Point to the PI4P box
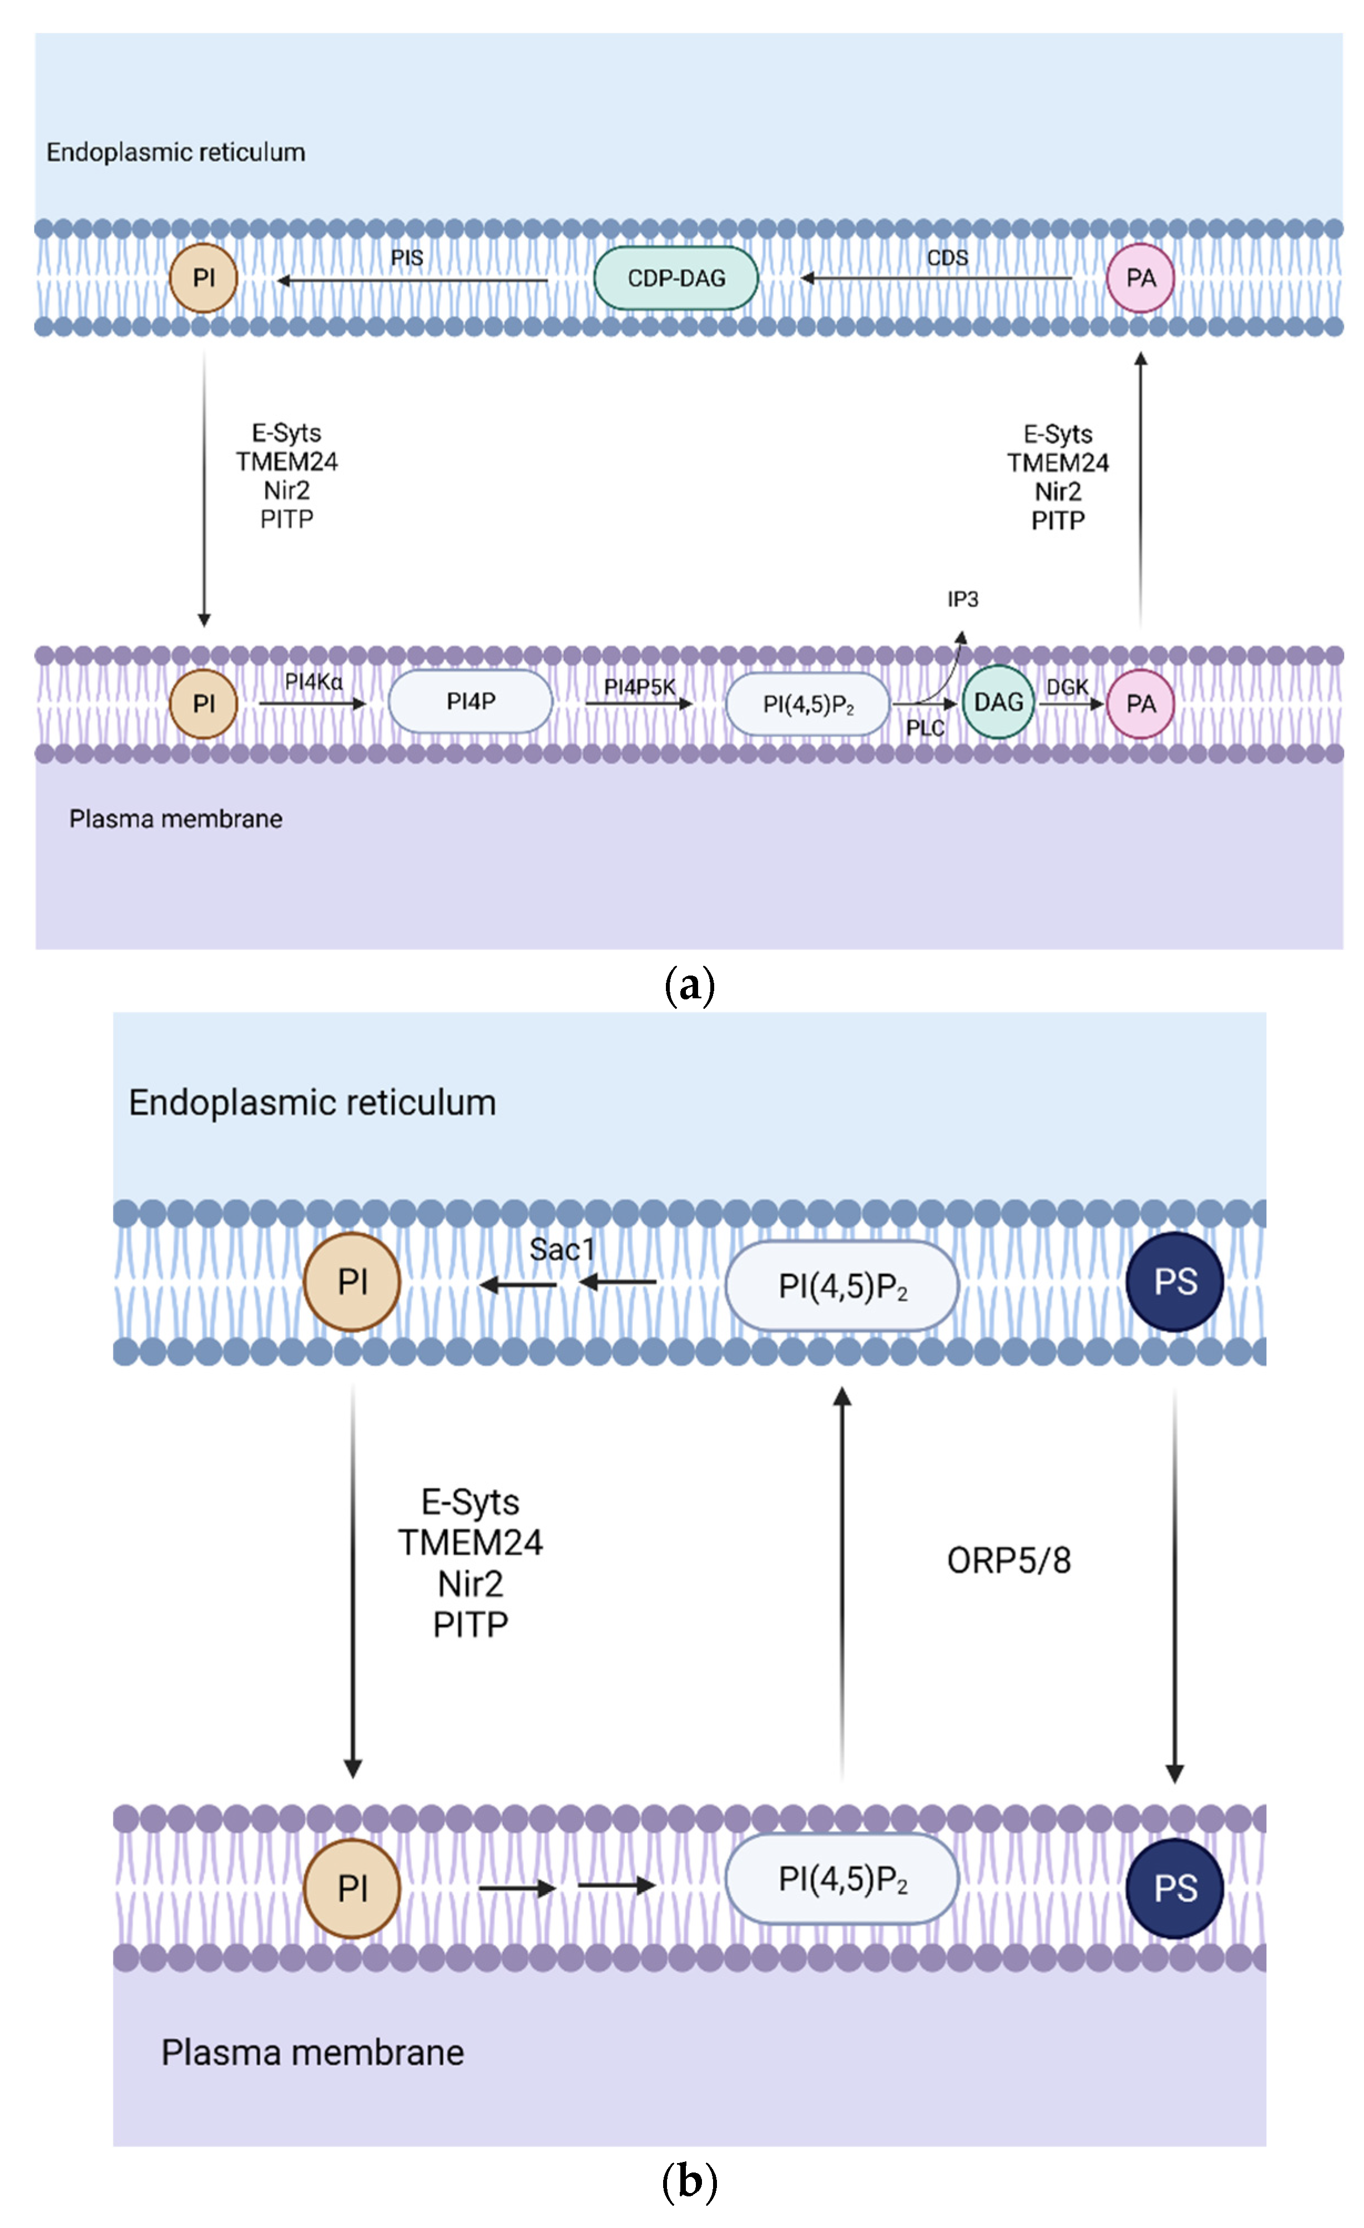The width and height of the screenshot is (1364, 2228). [x=471, y=701]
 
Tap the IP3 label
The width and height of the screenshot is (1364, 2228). [x=962, y=599]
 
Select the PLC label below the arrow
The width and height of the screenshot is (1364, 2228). [x=925, y=728]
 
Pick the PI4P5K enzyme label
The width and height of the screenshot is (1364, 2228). [x=639, y=687]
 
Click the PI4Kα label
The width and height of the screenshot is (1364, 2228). [x=313, y=682]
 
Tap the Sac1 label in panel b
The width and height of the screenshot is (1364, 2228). [x=561, y=1250]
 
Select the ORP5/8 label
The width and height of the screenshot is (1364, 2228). [x=1008, y=1560]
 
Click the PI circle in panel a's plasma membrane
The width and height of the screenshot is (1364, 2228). [x=204, y=704]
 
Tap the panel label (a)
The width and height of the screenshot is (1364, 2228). [x=689, y=984]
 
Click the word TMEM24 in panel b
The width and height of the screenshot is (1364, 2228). [x=471, y=1543]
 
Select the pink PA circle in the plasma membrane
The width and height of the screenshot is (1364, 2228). [x=1140, y=704]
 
